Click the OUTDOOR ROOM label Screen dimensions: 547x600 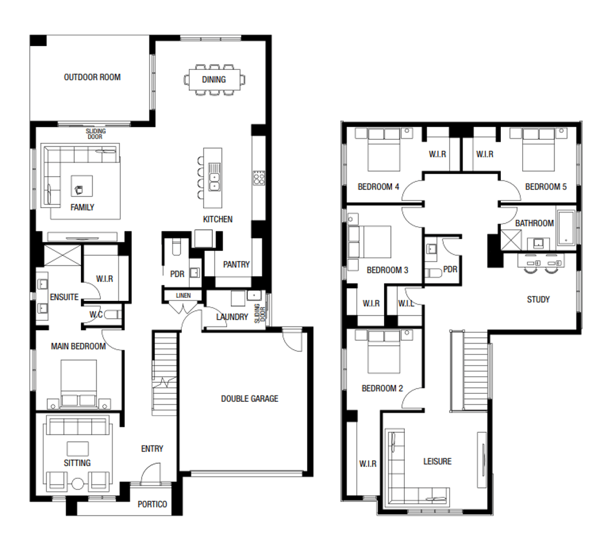click(92, 77)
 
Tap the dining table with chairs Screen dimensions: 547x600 click(214, 80)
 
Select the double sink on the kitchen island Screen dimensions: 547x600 click(214, 178)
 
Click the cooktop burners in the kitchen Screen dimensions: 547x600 click(258, 178)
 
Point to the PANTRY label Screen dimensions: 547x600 click(236, 264)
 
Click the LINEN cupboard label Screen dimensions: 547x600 click(183, 295)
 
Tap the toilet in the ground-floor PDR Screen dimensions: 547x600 click(176, 248)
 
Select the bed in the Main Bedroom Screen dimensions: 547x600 click(78, 380)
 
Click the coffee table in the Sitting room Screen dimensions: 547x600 click(77, 449)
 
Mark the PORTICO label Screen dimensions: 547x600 click(152, 504)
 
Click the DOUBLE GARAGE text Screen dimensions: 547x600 click(249, 399)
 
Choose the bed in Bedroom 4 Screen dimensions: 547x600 click(384, 152)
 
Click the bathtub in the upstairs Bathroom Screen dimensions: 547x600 click(567, 228)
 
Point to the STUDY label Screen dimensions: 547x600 click(538, 299)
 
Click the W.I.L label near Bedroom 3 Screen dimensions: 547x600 click(405, 303)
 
